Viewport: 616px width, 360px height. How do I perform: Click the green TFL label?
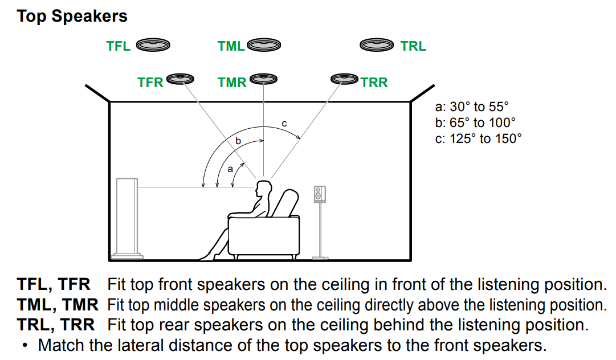[x=119, y=46]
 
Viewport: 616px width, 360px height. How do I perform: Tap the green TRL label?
[x=413, y=46]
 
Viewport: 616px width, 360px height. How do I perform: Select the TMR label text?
[x=232, y=83]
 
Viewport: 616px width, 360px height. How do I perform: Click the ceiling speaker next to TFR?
[x=181, y=78]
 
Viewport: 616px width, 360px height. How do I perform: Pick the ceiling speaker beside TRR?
[x=344, y=78]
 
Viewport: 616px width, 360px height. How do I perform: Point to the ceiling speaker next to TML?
[x=263, y=44]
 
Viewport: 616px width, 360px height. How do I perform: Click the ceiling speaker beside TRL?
[x=377, y=44]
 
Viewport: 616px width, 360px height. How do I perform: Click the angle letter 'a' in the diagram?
[x=230, y=169]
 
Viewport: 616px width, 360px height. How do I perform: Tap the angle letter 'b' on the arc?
[x=238, y=140]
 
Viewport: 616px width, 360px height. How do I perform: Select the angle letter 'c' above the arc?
[x=284, y=123]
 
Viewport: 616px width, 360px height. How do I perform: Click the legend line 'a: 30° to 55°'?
[x=471, y=107]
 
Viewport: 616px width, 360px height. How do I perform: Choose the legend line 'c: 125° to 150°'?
[x=478, y=138]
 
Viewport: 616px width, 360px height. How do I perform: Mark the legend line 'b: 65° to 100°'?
[x=475, y=122]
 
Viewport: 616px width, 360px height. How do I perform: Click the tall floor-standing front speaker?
[x=127, y=216]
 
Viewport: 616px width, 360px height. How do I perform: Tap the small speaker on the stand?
[x=320, y=194]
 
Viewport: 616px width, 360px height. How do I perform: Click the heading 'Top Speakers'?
[x=72, y=16]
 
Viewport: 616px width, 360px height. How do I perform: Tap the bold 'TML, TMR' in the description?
[x=58, y=305]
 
